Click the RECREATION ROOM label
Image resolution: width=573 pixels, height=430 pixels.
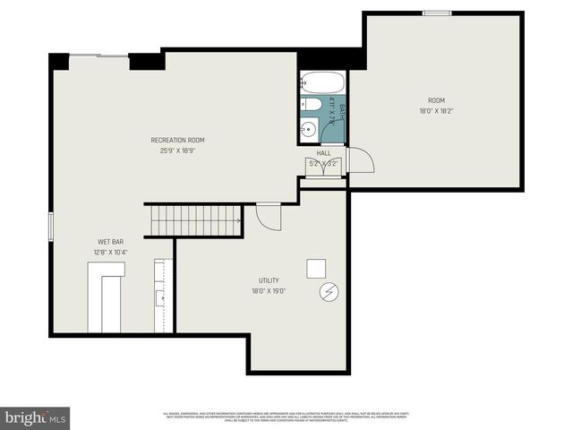(x=177, y=140)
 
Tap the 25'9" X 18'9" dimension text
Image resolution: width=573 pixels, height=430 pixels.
(x=177, y=150)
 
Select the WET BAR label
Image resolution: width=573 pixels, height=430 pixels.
(x=110, y=242)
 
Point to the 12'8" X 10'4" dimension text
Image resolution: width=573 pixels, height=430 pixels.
(x=110, y=253)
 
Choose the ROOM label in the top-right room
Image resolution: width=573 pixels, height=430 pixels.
(x=436, y=100)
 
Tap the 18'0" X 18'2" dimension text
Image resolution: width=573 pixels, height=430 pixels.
(x=436, y=111)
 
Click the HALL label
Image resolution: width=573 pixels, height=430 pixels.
(x=323, y=153)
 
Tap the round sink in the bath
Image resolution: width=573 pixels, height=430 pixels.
(x=309, y=128)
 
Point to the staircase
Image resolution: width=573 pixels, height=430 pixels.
(x=194, y=219)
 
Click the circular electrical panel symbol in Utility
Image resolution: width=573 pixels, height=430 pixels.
(x=328, y=292)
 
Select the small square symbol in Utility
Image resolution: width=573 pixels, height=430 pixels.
(x=316, y=268)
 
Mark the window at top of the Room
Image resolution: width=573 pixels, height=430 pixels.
(x=437, y=13)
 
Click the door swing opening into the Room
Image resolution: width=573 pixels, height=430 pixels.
(x=360, y=162)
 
